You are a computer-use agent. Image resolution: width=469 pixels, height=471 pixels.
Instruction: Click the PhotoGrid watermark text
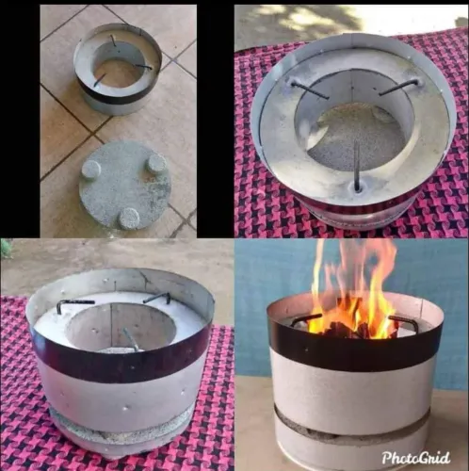click(x=415, y=458)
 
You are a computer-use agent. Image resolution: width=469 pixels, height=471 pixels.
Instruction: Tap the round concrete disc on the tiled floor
click(x=124, y=186)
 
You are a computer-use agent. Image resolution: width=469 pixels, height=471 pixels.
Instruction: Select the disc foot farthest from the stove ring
click(x=129, y=218)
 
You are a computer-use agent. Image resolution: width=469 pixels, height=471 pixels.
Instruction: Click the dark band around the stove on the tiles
click(x=118, y=96)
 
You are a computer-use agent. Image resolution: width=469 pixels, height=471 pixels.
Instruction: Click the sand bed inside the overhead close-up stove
click(x=356, y=138)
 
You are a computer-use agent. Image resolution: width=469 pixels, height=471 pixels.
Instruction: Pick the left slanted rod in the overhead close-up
click(x=308, y=89)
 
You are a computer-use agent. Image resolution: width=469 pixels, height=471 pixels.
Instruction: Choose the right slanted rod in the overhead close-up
click(x=398, y=87)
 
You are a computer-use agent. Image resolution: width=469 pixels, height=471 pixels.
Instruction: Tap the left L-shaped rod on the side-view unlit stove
click(x=74, y=304)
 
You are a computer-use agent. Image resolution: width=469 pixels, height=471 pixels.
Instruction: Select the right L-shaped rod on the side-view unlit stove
click(x=157, y=298)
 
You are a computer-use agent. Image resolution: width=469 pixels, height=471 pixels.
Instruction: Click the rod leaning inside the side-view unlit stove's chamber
click(x=130, y=339)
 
